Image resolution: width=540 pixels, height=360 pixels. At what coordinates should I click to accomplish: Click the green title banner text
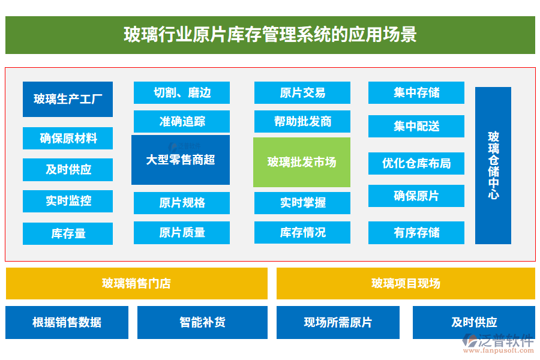pos(270,34)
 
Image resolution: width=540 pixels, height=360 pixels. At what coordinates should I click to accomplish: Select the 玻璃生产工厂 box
pos(68,99)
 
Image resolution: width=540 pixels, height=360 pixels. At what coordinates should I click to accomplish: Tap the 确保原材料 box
pos(68,139)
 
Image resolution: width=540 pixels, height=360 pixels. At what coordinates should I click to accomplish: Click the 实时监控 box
pos(68,201)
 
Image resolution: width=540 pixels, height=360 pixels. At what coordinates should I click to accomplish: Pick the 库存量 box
pos(68,233)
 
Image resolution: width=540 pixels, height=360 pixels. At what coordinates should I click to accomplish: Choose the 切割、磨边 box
pos(182,93)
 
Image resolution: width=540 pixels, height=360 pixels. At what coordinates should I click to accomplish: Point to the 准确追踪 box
pos(182,122)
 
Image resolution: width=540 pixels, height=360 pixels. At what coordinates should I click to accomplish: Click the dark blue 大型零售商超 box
pos(181,160)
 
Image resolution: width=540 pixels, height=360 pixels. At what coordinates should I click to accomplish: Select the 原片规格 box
pos(182,203)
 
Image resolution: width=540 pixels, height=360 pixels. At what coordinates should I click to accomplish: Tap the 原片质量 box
pos(182,233)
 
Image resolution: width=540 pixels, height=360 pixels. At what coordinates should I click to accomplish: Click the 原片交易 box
pos(302,93)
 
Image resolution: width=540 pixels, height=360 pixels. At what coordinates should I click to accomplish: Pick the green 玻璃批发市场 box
pos(301,162)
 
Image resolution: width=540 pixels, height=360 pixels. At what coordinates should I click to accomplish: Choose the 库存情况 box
pos(302,232)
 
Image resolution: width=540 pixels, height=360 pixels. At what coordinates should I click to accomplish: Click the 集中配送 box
pos(416,127)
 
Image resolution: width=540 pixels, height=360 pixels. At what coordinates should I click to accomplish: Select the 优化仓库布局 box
pos(416,163)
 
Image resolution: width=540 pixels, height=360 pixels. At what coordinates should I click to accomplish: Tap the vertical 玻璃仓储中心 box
pos(493,166)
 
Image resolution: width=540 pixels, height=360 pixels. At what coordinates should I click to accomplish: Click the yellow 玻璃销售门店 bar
pos(137,283)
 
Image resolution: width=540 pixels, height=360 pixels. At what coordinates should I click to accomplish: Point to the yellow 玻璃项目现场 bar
pos(406,283)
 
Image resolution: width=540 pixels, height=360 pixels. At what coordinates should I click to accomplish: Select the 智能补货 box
pos(202,322)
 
